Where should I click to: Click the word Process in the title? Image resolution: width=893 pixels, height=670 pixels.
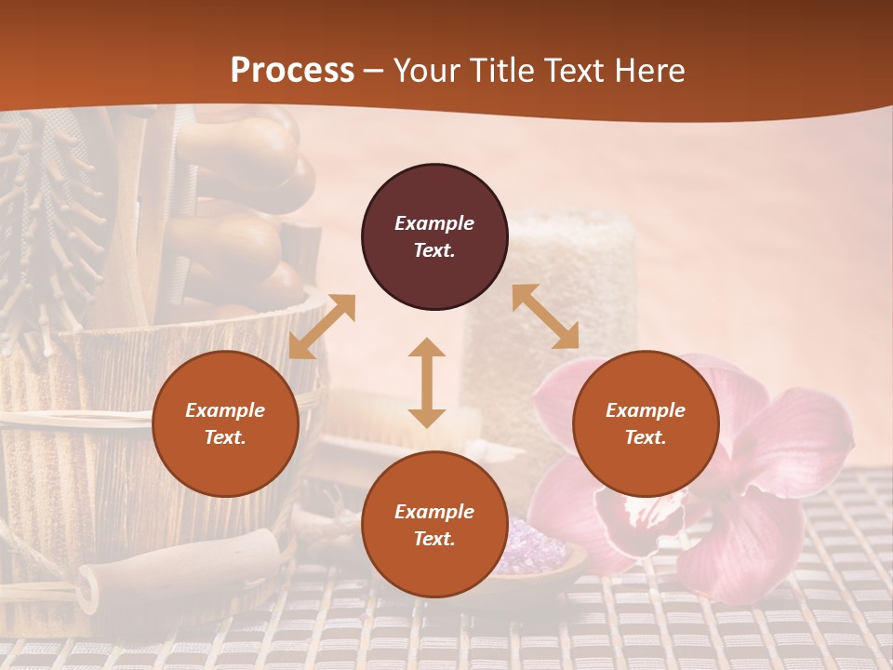tap(292, 71)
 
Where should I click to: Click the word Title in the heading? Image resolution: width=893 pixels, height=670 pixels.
tap(503, 71)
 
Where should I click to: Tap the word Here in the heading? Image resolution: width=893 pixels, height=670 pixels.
tap(648, 71)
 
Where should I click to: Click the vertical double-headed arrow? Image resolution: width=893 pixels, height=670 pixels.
tap(427, 382)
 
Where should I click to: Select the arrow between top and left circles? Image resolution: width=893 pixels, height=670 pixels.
tap(322, 327)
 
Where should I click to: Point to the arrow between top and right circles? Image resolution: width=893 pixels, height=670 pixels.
tap(545, 317)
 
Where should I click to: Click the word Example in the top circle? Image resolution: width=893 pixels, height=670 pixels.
tap(434, 223)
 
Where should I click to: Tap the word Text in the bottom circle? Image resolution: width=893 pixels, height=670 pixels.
tap(433, 539)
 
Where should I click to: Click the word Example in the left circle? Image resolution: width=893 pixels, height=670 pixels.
tap(225, 410)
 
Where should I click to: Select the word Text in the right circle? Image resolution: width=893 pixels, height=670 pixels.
tap(644, 437)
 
